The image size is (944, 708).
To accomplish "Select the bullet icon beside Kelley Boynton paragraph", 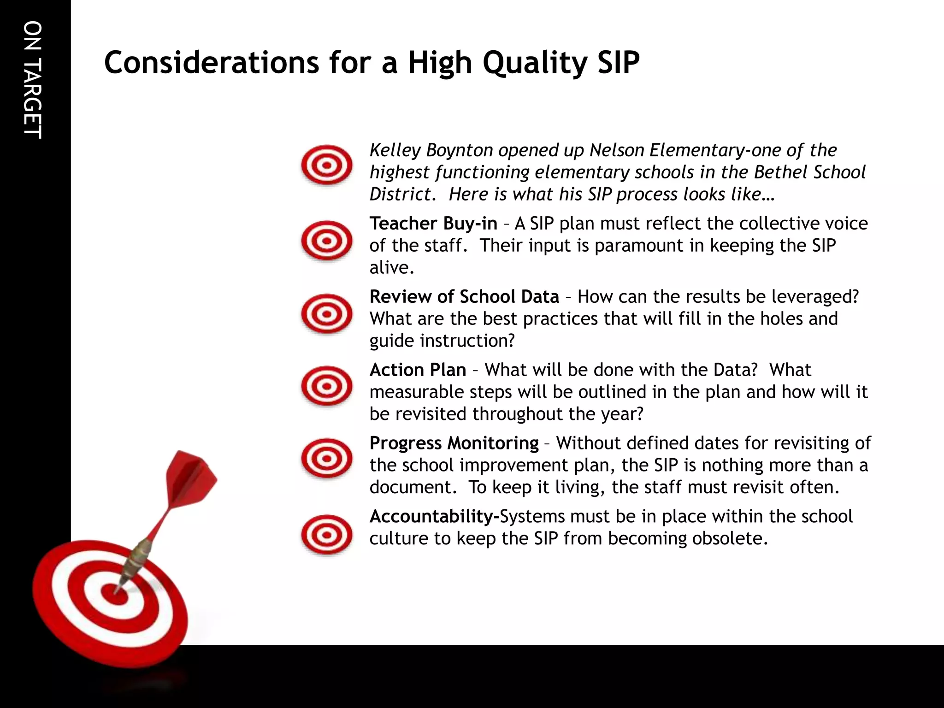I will (x=326, y=165).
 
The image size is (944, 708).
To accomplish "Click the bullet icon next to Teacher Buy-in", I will (x=326, y=241).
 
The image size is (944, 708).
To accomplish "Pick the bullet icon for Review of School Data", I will (x=326, y=314).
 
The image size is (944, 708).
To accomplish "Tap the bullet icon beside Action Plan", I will (x=326, y=386).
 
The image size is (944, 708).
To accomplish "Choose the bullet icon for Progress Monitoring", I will (x=326, y=459).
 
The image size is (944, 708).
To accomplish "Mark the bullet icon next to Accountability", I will (x=326, y=535).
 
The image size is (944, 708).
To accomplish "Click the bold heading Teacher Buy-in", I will (x=433, y=224).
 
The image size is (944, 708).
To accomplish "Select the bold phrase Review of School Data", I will (x=464, y=297).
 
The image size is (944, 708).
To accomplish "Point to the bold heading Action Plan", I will (x=417, y=370).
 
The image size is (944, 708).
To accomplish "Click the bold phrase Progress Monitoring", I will (x=454, y=443).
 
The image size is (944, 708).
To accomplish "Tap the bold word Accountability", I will (x=434, y=517).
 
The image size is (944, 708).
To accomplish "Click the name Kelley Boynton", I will (x=431, y=151).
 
